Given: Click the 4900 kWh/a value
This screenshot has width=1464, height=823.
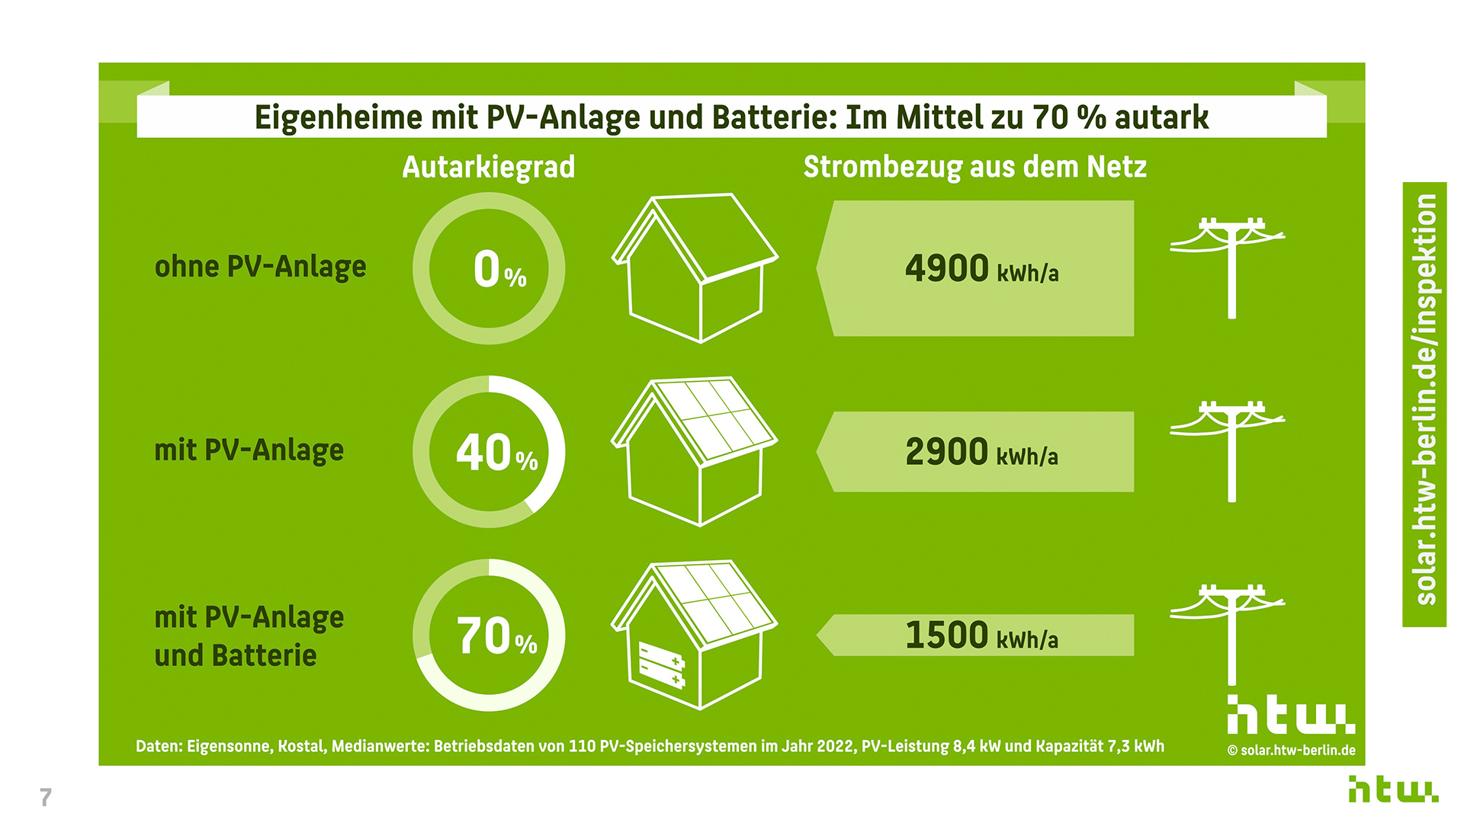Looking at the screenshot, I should point(981,269).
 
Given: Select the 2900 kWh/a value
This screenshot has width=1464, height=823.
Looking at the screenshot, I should point(981,452).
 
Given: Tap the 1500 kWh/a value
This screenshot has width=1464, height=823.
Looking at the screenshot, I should point(981,635).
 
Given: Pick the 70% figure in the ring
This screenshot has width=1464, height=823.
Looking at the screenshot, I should point(496,636).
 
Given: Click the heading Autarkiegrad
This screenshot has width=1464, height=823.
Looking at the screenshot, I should point(488,167).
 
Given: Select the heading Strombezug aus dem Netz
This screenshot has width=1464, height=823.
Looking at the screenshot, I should point(974,167).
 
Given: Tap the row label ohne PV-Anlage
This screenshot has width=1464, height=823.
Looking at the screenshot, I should point(260,267).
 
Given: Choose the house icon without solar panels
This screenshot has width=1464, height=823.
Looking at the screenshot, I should point(694,267).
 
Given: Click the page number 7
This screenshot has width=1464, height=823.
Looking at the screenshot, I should point(46,797).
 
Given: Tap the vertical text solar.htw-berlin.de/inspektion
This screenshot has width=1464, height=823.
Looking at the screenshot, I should point(1424,400).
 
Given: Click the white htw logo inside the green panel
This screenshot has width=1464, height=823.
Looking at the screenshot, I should point(1290,715).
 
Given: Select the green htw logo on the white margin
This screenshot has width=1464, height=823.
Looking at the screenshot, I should point(1392,789).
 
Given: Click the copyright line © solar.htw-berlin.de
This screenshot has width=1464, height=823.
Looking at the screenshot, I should point(1291,751).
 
